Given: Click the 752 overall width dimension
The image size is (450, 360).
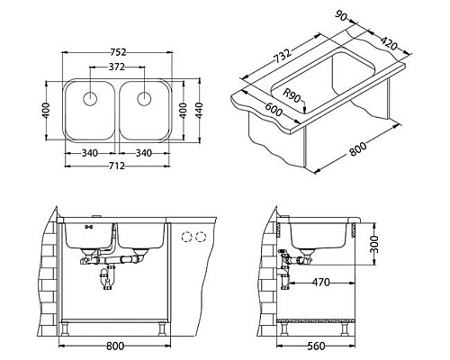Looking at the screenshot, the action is click(x=118, y=52).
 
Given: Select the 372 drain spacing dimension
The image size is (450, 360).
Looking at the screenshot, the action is click(x=116, y=67).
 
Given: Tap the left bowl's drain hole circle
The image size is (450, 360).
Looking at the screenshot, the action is click(x=90, y=98).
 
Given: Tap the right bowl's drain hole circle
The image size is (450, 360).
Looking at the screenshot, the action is click(x=144, y=98).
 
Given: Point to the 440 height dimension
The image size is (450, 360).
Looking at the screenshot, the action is click(x=200, y=110).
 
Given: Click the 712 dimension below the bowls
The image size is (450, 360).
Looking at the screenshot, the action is click(x=116, y=166).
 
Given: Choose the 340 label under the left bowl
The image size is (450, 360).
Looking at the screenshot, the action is click(x=89, y=153).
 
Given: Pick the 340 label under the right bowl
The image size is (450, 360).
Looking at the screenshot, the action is click(x=144, y=153).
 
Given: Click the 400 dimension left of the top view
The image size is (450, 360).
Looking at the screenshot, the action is click(x=46, y=110).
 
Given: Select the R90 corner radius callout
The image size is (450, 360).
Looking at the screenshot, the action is click(x=292, y=95).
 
